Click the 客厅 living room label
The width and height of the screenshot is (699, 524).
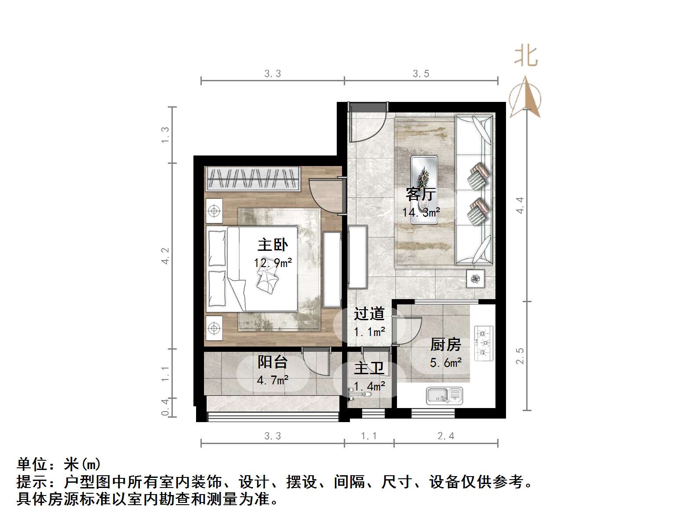tap(421, 194)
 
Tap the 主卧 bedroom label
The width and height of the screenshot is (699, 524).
tap(273, 245)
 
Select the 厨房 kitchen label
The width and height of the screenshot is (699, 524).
tap(445, 344)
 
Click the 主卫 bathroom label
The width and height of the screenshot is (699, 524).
tap(369, 368)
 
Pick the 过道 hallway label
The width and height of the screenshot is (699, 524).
tap(369, 314)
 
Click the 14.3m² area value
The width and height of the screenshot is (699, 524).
tap(421, 213)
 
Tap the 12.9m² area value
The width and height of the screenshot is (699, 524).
tap(273, 263)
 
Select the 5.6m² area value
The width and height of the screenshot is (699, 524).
tap(445, 363)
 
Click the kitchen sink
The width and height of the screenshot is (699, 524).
tap(444, 395)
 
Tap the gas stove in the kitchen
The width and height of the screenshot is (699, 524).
tap(484, 343)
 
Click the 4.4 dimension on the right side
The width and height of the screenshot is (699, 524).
tap(520, 205)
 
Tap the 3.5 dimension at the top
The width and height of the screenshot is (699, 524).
tap(421, 74)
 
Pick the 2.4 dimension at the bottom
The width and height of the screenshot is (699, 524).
tap(445, 436)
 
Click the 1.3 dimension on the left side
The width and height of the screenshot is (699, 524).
tap(165, 134)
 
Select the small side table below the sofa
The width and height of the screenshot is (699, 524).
tap(475, 278)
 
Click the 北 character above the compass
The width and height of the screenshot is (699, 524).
tap(526, 57)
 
